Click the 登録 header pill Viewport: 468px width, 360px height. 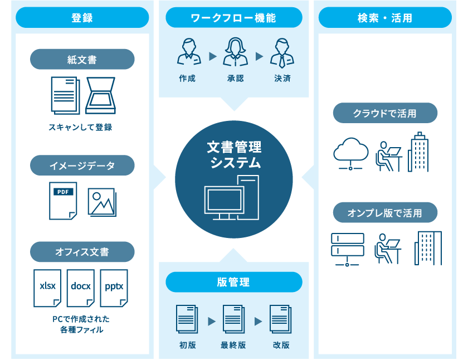82,17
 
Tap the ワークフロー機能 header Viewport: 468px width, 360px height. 233,17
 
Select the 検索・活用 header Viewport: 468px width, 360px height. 385,17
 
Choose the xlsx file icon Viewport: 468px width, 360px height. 47,288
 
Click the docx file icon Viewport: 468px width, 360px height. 81,288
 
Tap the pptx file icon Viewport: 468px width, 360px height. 114,288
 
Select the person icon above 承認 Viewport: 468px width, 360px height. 235,52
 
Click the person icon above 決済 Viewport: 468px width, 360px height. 282,52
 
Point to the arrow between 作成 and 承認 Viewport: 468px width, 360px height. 212,56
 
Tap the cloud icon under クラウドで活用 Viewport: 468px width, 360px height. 350,152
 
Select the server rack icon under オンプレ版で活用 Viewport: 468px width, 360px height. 347,249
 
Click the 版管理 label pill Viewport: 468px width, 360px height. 233,282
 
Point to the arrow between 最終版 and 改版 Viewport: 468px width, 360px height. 258,321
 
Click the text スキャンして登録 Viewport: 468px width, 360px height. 80,127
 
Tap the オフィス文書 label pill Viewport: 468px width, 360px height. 82,252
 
